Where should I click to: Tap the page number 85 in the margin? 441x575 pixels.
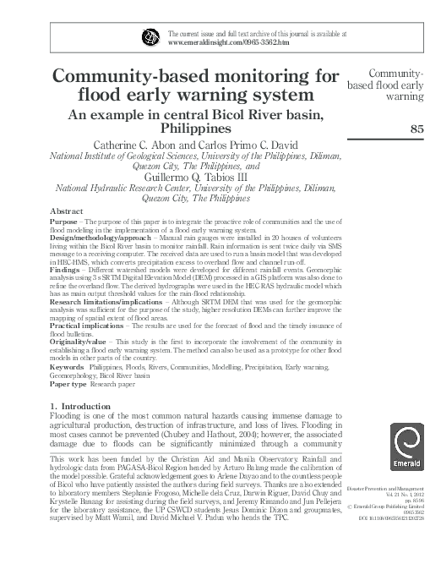coord(416,129)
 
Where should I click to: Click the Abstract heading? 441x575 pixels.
coord(67,210)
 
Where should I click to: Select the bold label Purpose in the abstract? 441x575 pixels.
coord(63,220)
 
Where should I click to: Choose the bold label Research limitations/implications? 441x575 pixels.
coord(108,300)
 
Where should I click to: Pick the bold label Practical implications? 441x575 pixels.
coord(88,325)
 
